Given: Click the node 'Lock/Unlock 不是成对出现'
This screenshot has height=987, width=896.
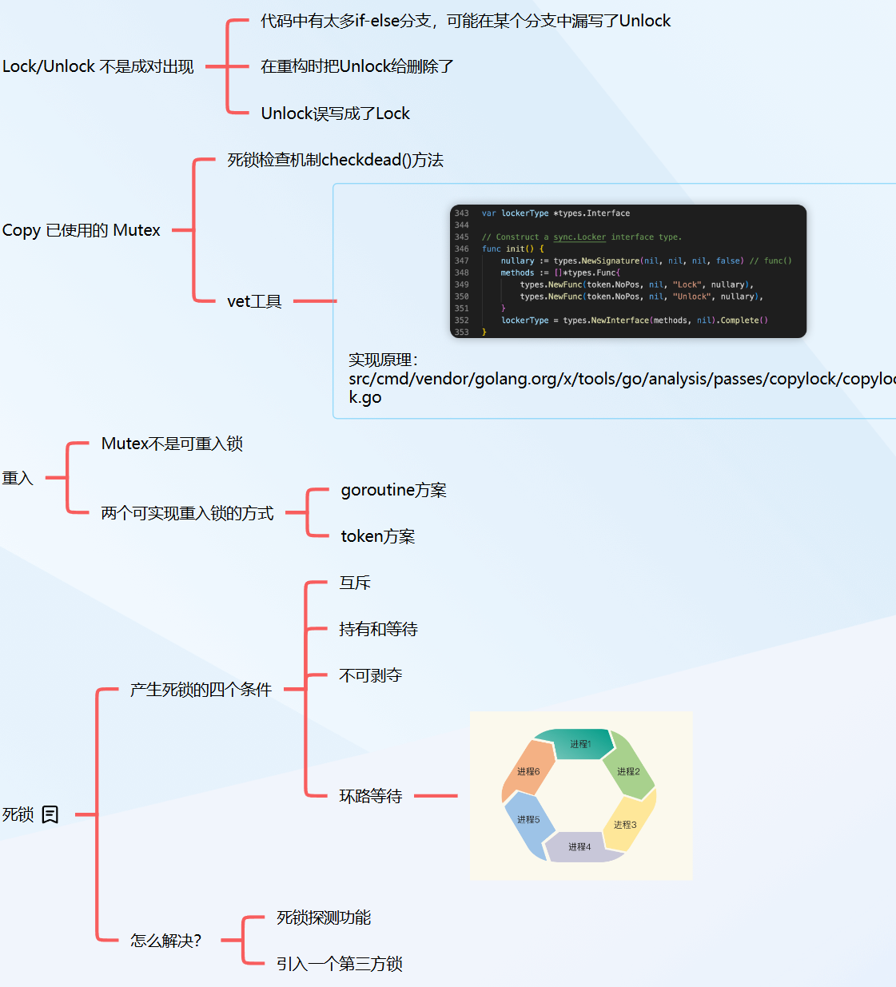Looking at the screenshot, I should pos(98,66).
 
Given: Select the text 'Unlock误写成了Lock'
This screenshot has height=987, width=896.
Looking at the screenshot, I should pos(335,113).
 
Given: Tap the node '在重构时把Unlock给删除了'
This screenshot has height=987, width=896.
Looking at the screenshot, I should pos(356,66).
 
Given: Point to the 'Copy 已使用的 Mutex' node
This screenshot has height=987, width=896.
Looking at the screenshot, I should pos(82,230).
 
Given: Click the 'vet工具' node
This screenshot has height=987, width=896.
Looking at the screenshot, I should pos(254,301).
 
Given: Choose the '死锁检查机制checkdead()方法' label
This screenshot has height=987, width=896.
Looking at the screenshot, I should pos(335,160).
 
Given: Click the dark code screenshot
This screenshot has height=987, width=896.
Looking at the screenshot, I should pos(628,271).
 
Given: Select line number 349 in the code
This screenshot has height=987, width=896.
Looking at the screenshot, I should pos(462,285).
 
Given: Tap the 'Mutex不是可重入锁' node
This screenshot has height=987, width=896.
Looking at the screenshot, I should pos(172,444).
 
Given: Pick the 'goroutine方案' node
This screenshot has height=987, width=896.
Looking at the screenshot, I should pos(393,490).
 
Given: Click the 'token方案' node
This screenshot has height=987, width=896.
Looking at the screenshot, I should pos(377,536).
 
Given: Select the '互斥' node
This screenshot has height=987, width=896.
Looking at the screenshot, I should pos(355,583).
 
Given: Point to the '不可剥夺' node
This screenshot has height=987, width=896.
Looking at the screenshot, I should pos(370,675).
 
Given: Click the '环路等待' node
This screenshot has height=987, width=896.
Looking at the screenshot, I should pos(370,796).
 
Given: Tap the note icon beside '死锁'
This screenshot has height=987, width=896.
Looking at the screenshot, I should pos(50,814).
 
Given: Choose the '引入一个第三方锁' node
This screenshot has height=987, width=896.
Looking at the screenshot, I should pos(339,964).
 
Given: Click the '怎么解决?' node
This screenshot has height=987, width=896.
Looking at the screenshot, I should pos(166,941).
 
